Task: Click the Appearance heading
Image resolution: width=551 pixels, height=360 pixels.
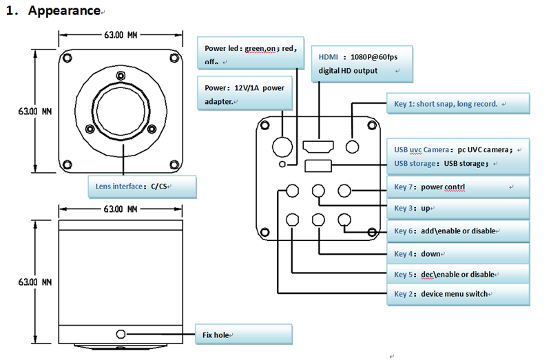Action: (64, 10)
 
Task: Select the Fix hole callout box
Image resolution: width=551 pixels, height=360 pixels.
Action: (244, 335)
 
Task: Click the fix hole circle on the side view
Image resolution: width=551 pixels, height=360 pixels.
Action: (121, 334)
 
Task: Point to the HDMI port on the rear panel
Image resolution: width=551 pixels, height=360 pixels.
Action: (318, 147)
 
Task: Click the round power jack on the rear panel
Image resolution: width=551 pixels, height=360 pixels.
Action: (282, 147)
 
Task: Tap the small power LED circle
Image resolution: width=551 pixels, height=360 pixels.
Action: (282, 164)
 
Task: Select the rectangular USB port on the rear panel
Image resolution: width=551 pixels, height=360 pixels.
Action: (318, 166)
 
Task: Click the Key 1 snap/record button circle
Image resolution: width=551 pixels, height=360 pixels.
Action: (352, 147)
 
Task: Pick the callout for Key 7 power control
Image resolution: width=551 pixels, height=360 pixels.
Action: (458, 187)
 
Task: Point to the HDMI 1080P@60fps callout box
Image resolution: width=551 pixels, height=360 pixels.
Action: (362, 64)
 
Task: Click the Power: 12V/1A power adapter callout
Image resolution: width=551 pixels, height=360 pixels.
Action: (245, 94)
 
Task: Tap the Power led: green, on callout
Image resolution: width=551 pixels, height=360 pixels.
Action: (251, 53)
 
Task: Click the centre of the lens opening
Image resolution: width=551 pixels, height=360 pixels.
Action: (121, 112)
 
